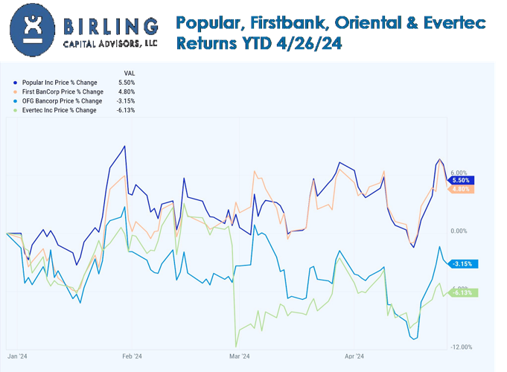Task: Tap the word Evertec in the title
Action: tap(452, 23)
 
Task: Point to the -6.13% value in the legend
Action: tap(127, 110)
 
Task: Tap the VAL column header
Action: tap(127, 72)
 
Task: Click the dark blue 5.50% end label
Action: tap(461, 180)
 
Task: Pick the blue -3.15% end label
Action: tap(464, 263)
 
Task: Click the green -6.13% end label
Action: tap(464, 292)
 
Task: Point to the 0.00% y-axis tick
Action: tap(459, 231)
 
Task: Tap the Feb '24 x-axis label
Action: tap(132, 356)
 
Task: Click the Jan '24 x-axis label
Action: tap(18, 356)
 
